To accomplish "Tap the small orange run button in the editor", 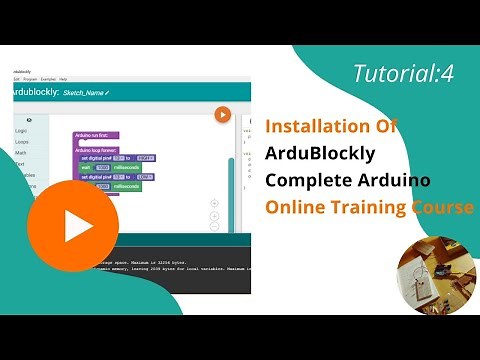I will [223, 114].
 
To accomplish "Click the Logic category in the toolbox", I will [21, 131].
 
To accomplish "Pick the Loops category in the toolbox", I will [21, 143].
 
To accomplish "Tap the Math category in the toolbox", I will [21, 153].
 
